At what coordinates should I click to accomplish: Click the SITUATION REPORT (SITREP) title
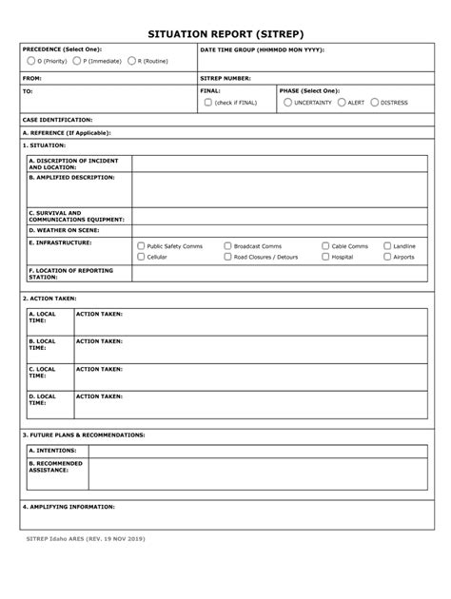[x=225, y=31]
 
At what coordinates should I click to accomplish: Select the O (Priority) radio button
[x=30, y=61]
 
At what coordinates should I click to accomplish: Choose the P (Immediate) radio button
[x=77, y=61]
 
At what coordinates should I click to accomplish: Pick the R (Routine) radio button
[x=132, y=61]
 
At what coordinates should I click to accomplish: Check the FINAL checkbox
[x=207, y=102]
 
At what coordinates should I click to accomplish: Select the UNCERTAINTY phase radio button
[x=287, y=102]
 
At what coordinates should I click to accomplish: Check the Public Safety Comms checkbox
[x=141, y=245]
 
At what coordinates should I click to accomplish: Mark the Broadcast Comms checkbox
[x=227, y=245]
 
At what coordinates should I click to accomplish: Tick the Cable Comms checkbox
[x=325, y=245]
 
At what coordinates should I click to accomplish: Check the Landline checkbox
[x=387, y=245]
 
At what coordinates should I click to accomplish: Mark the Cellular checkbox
[x=141, y=257]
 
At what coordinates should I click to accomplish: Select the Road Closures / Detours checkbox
[x=227, y=257]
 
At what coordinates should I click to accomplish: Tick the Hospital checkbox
[x=325, y=257]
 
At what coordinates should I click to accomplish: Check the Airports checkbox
[x=387, y=257]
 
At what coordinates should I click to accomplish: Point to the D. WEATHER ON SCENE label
[x=63, y=229]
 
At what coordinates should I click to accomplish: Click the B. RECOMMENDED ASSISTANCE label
[x=56, y=467]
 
